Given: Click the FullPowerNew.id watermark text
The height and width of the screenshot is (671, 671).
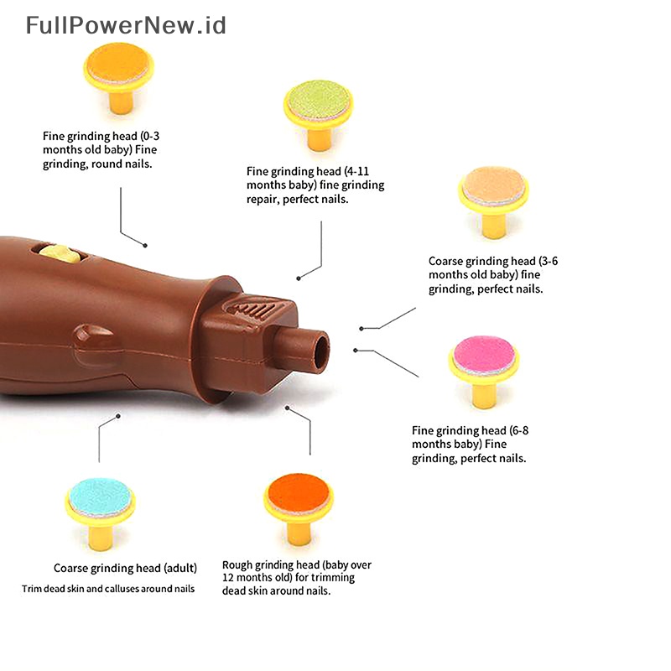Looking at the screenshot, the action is click(126, 25).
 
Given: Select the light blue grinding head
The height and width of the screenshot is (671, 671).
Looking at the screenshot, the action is click(100, 497).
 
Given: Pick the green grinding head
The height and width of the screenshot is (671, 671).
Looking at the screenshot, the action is click(319, 101).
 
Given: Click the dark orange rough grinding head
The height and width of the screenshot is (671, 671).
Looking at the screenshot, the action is click(298, 495).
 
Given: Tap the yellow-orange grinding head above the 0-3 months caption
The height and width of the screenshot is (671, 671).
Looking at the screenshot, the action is click(119, 64).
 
